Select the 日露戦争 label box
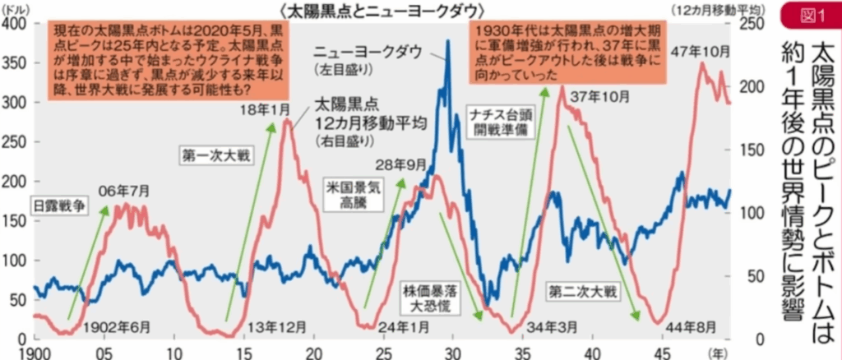[58, 205]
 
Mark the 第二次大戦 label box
[581, 290]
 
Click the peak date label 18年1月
[266, 110]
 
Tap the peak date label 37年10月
[598, 95]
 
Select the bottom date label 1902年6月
[117, 326]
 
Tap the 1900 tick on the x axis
[19, 353]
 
